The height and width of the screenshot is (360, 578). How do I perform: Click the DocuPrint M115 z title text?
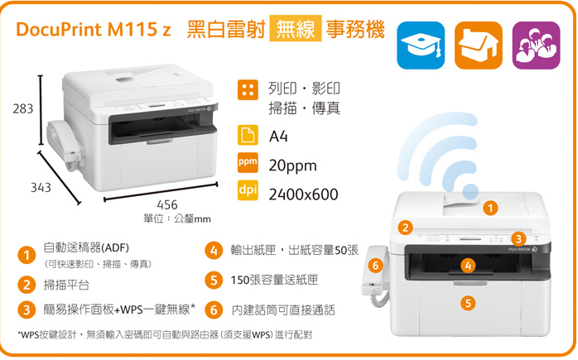point(94,31)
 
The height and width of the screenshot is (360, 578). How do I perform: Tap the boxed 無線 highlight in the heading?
point(295,31)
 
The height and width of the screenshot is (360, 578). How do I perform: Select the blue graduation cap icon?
point(421,45)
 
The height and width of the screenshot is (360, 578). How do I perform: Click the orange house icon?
point(478,45)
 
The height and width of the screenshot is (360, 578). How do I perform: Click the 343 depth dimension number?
point(41,188)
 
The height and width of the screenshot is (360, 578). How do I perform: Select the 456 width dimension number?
point(166,204)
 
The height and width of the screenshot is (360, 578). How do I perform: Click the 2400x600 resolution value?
point(303,194)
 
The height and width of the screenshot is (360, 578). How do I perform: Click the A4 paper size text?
point(278,136)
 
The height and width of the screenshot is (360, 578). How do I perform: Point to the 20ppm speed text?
point(293,166)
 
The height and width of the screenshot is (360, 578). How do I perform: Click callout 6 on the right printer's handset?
point(375,266)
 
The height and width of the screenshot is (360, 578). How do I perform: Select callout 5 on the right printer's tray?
point(469,304)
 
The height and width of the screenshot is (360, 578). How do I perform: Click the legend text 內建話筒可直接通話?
point(283,310)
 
